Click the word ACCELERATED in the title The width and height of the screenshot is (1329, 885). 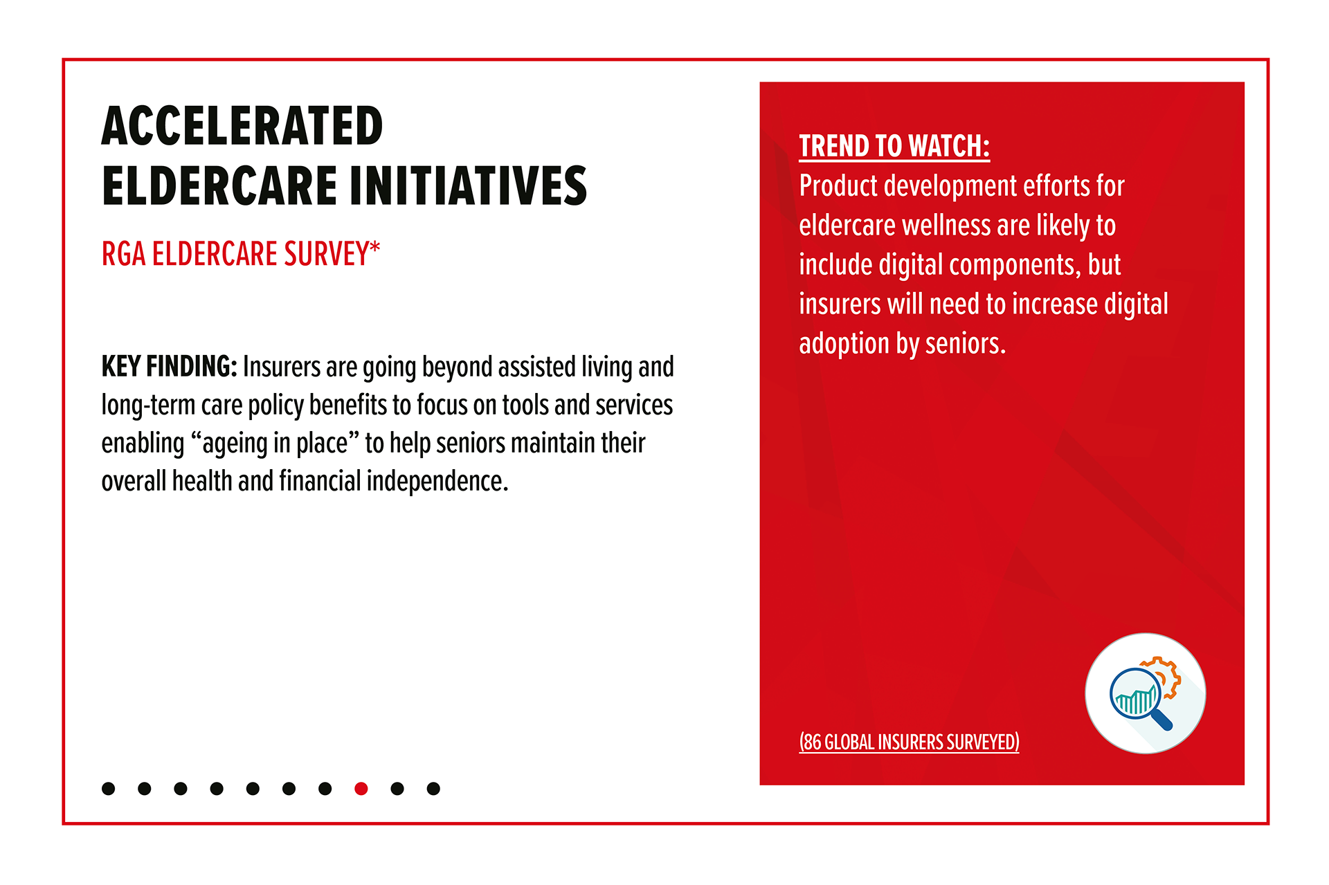[x=242, y=126]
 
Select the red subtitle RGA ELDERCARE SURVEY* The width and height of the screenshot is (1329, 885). [x=241, y=253]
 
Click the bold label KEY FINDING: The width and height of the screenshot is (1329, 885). [x=170, y=367]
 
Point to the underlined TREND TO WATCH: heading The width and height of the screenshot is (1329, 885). [x=894, y=146]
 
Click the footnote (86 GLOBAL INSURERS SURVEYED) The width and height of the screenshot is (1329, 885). [x=909, y=742]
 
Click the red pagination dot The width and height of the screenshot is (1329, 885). [x=361, y=788]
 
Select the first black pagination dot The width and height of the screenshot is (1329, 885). [x=108, y=788]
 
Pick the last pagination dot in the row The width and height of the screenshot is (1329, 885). [x=433, y=788]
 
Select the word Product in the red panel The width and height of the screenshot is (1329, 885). [x=838, y=185]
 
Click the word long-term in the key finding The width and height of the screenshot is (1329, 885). [x=148, y=405]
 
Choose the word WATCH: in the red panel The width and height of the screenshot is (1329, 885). [x=949, y=146]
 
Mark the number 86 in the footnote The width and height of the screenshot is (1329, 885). [x=813, y=742]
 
